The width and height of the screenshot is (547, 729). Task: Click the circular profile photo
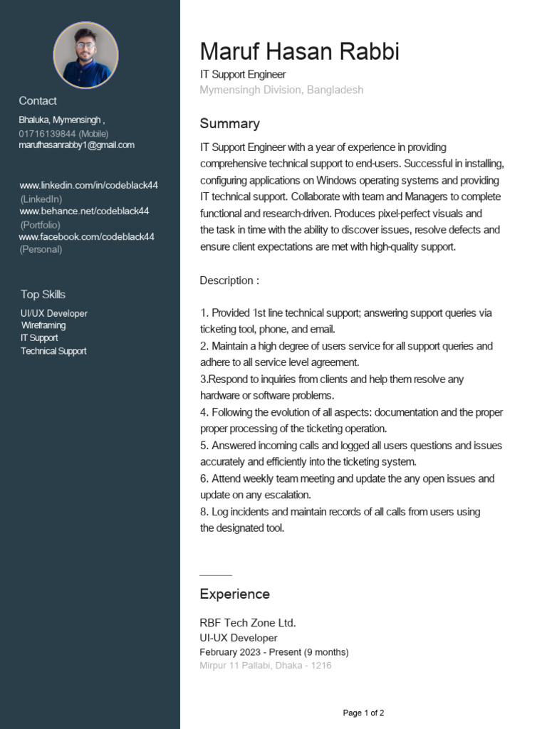click(x=85, y=55)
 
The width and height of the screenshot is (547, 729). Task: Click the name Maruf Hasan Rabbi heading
click(x=299, y=52)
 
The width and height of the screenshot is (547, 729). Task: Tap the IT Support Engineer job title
click(x=242, y=75)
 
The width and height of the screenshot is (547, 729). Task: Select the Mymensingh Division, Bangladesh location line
click(x=281, y=90)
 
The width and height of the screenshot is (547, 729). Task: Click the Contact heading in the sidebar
click(x=38, y=101)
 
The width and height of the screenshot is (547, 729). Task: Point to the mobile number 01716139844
click(x=47, y=133)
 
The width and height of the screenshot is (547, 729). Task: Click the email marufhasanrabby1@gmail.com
click(x=76, y=145)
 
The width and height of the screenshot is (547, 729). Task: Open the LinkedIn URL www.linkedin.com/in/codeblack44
click(x=88, y=186)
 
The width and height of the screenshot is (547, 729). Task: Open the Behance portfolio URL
click(x=84, y=211)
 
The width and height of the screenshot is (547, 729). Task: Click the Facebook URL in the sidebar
click(x=86, y=237)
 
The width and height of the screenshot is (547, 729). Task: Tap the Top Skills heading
click(x=43, y=295)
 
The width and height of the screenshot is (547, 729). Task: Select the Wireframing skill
click(x=43, y=325)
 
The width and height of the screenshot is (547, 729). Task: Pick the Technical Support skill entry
click(x=53, y=351)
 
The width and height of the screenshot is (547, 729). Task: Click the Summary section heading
click(x=229, y=124)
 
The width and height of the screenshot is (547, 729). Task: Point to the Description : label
click(x=229, y=280)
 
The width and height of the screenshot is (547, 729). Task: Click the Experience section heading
click(x=234, y=594)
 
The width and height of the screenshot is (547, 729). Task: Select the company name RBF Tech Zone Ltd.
click(x=247, y=623)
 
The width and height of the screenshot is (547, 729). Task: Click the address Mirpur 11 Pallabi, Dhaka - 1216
click(x=265, y=666)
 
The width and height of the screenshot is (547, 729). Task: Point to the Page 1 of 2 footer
click(x=363, y=713)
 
